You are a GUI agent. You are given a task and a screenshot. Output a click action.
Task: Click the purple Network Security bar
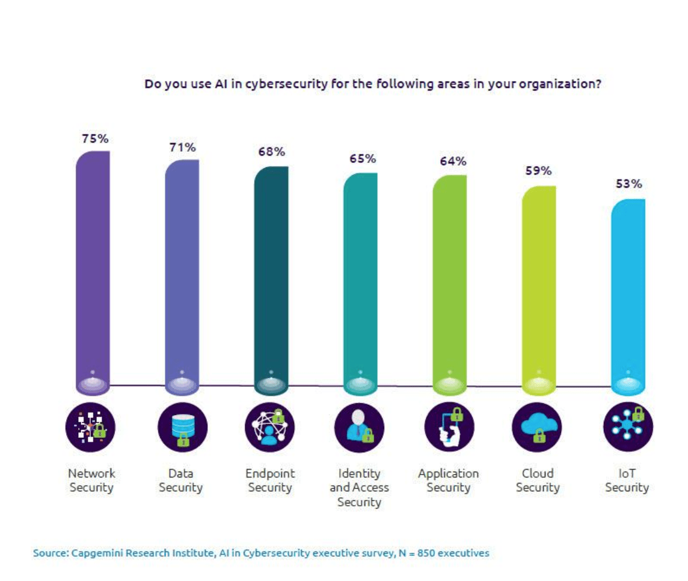point(93,271)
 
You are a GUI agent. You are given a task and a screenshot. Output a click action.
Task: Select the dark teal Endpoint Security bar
point(271,277)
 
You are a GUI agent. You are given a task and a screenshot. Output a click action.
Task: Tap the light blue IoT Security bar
point(628,295)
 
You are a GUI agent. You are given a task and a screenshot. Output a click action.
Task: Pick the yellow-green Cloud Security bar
point(538,289)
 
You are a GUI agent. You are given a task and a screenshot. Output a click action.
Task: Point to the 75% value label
point(96,138)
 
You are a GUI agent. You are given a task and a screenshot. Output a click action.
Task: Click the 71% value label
point(182,148)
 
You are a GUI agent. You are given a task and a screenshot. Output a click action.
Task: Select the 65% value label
point(363,159)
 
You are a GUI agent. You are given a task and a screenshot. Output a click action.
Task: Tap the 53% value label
point(628,183)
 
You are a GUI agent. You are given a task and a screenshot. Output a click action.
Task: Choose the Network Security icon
point(91,428)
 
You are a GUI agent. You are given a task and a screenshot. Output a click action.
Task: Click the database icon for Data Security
point(182,428)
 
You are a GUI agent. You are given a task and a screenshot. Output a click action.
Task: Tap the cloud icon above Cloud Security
point(537,428)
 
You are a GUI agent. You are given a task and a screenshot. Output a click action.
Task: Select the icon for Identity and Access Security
point(360,428)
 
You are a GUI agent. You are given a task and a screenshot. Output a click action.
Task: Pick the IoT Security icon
point(627,428)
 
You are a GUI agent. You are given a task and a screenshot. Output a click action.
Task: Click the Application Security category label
point(449,481)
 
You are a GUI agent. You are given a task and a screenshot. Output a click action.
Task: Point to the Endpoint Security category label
point(270,481)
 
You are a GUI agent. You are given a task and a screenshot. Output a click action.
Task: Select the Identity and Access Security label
point(359,488)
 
